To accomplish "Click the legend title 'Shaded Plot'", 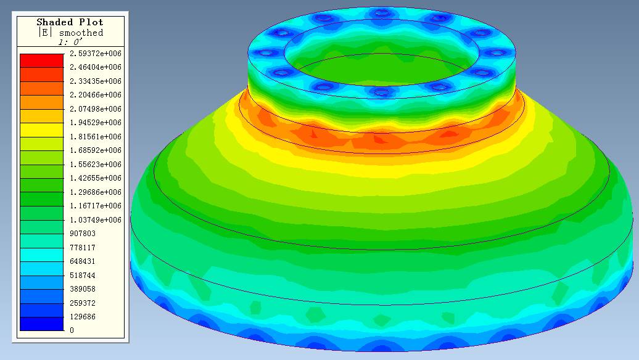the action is (x=70, y=22).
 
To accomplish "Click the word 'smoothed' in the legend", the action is (x=81, y=33).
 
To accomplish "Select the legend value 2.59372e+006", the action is (x=96, y=54).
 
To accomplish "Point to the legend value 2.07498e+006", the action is (x=96, y=108).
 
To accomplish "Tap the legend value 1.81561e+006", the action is (x=96, y=136).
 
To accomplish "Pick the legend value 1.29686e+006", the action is (x=96, y=192).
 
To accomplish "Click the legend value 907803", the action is (x=82, y=234).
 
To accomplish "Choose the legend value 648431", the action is (x=82, y=261).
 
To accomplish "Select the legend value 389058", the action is (x=82, y=288).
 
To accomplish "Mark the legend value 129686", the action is (x=82, y=316).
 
